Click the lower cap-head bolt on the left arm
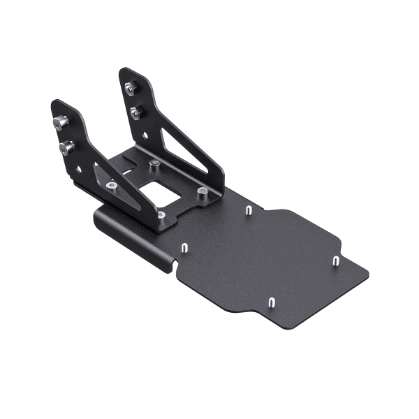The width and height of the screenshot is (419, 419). point(68,147)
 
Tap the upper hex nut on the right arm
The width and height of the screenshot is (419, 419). point(130,88)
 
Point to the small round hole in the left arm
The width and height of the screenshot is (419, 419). point(80,169)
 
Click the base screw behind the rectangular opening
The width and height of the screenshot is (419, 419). point(155,164)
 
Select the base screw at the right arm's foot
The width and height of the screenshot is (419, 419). point(202,191)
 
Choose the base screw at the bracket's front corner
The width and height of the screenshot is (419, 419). point(161,216)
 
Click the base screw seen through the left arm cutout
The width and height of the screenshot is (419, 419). point(112,186)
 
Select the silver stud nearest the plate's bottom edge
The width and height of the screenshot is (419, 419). point(270,302)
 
